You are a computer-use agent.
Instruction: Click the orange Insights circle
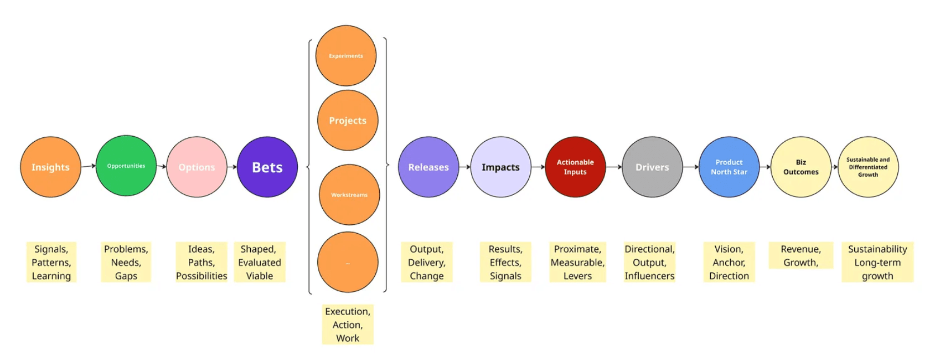tap(50, 167)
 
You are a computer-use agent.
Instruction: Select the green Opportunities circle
tap(126, 166)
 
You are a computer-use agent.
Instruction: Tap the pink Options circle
tap(197, 167)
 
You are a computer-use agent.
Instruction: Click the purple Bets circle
tap(267, 167)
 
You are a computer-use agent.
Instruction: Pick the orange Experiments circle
tap(346, 55)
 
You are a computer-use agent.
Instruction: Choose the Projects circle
tap(348, 120)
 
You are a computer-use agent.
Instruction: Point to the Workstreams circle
tap(349, 194)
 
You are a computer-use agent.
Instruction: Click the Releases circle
tap(428, 167)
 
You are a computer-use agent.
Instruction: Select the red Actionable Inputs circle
tap(575, 167)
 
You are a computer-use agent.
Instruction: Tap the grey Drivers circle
tap(652, 167)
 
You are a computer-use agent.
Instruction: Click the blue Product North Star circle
tap(729, 167)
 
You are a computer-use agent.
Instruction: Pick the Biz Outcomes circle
tap(800, 167)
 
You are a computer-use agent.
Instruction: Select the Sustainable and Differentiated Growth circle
tap(868, 167)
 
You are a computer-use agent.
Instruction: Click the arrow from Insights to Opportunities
tap(89, 166)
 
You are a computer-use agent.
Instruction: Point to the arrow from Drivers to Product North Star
tap(690, 167)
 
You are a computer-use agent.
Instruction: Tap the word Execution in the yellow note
tap(347, 311)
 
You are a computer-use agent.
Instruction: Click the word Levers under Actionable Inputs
tap(577, 276)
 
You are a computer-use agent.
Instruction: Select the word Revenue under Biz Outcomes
tap(800, 249)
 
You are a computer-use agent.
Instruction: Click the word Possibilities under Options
tap(202, 276)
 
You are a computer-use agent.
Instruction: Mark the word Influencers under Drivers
tap(649, 276)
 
